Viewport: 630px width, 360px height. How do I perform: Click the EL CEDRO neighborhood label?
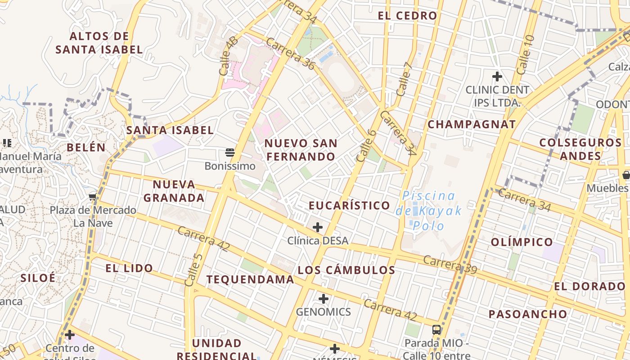point(407,16)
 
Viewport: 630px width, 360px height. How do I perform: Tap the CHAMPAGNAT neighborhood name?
point(471,125)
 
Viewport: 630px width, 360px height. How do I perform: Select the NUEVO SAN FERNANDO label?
point(300,150)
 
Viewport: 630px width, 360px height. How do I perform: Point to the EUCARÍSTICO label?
point(349,206)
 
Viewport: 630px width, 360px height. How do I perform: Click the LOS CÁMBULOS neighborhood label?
point(346,270)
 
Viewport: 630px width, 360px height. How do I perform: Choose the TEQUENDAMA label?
point(250,279)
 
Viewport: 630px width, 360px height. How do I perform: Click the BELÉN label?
point(86,148)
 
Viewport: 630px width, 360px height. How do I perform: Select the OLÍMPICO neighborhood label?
point(522,242)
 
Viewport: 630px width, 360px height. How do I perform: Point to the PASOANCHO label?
point(528,314)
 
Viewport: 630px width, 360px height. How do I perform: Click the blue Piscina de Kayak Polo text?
point(429,211)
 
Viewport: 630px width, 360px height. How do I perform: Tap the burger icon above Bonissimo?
point(230,153)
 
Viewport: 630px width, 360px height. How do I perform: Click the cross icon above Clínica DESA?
point(318,227)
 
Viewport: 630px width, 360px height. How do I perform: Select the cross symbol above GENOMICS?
point(324,299)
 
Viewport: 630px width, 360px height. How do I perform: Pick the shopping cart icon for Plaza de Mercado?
point(93,197)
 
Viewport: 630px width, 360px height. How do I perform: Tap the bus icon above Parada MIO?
point(436,329)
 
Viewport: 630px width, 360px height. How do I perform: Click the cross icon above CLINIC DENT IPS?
point(497,76)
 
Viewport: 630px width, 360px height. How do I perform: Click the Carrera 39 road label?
point(450,264)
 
